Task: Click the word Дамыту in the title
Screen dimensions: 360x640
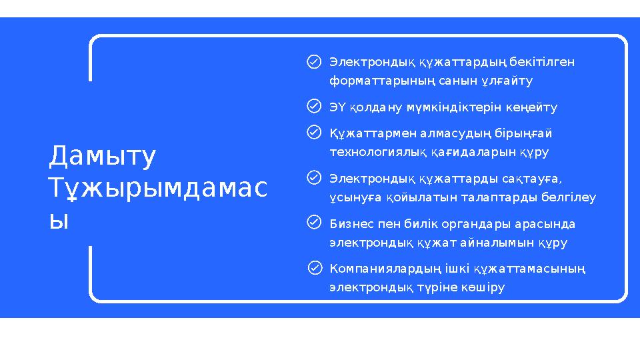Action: [x=103, y=157]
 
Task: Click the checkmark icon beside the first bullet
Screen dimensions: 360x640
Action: [x=314, y=62]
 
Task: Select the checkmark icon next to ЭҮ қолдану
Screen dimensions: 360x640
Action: [x=314, y=107]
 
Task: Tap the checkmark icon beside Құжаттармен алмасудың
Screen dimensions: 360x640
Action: [x=314, y=133]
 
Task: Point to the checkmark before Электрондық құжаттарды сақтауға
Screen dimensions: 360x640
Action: [x=314, y=178]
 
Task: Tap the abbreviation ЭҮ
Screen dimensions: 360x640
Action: [x=339, y=107]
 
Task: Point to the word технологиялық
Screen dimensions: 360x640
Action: [x=375, y=152]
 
